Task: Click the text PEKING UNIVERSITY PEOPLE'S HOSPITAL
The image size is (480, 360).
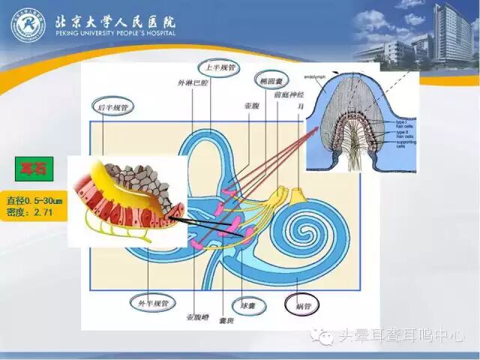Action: coord(115,34)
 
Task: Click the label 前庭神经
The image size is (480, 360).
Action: coord(289,96)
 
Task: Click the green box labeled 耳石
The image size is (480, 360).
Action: coord(33,168)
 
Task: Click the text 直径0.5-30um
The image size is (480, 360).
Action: coord(33,201)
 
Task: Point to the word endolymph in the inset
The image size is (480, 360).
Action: coord(314,78)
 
